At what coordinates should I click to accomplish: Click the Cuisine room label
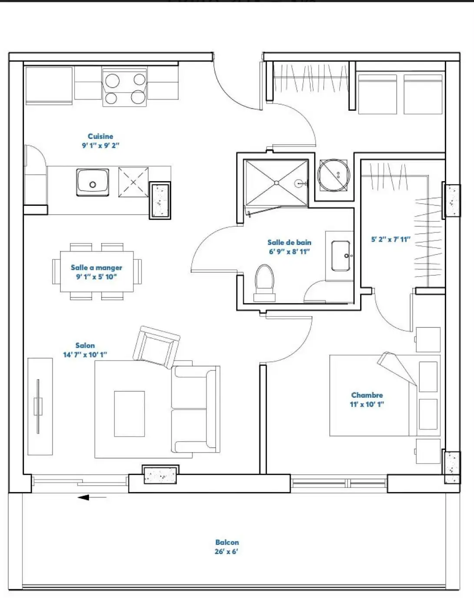click(x=100, y=136)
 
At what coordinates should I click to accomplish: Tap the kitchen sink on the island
click(x=93, y=182)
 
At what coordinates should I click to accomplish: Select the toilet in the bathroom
click(x=264, y=283)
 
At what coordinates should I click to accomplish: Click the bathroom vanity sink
click(x=341, y=256)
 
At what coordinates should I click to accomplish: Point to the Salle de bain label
click(x=289, y=242)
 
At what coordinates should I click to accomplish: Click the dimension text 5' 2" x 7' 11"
click(x=391, y=240)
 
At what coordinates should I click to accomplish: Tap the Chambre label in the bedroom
click(x=367, y=395)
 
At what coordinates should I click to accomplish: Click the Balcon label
click(x=227, y=542)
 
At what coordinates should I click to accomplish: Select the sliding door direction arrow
click(x=92, y=497)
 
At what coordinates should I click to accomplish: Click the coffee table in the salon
click(x=129, y=413)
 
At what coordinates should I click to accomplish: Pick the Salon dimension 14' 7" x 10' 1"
click(x=85, y=354)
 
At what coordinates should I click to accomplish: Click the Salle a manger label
click(x=96, y=268)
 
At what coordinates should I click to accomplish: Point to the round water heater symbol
click(x=334, y=175)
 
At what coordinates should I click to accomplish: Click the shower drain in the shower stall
click(x=276, y=183)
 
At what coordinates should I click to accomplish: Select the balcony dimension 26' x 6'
click(x=226, y=552)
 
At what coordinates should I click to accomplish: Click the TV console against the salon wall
click(x=40, y=406)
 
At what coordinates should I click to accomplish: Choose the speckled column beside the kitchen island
click(x=160, y=201)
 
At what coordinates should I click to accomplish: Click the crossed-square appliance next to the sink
click(x=133, y=182)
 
